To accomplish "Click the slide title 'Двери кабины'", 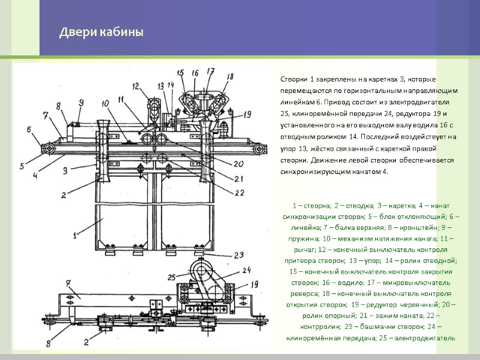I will click(x=101, y=32).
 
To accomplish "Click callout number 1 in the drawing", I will click(x=76, y=235).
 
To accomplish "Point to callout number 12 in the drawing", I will click(x=136, y=88).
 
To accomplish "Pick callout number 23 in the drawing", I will click(x=239, y=254).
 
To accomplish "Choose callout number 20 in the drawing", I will click(x=238, y=164).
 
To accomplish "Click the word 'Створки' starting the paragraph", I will click(x=292, y=80).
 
